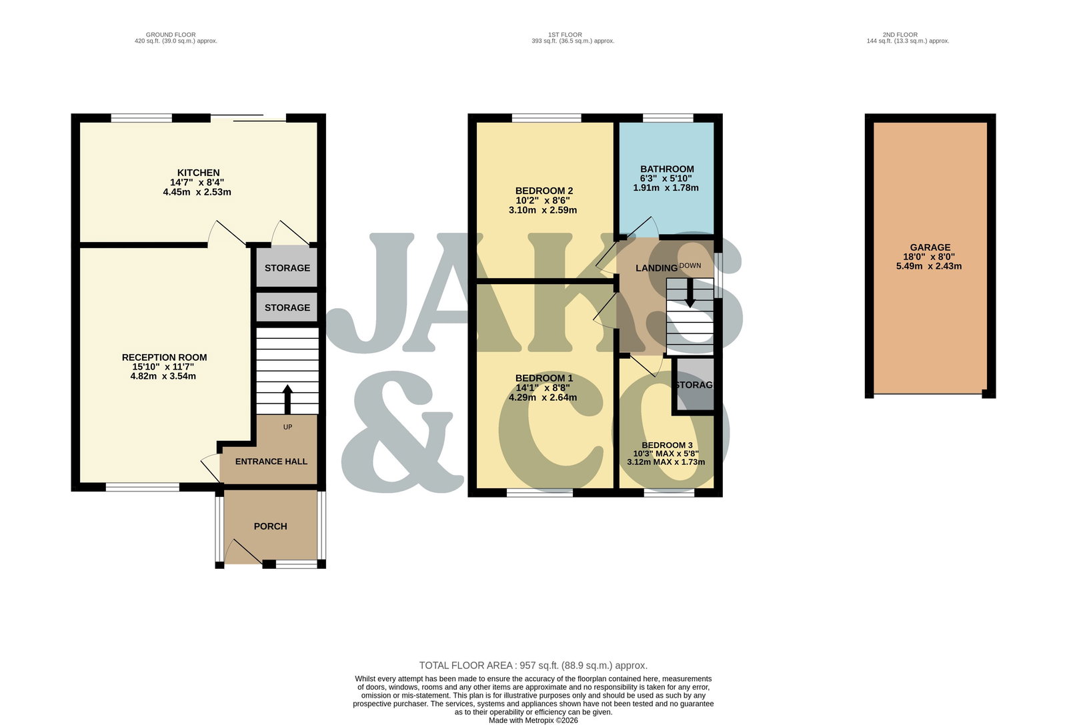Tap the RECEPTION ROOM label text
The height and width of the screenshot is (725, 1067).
tap(164, 357)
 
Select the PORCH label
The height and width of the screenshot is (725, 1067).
tap(270, 526)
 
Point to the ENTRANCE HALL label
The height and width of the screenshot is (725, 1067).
tap(271, 462)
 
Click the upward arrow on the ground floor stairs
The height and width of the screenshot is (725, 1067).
tap(287, 399)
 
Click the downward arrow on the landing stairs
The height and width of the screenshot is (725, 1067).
tap(690, 293)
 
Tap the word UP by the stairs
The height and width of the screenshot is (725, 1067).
tap(287, 427)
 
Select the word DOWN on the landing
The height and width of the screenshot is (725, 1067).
tap(690, 265)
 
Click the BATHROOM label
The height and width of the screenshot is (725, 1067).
tap(667, 169)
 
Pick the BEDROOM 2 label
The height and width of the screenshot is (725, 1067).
tap(544, 191)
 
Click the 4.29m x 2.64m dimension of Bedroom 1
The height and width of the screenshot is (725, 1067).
tap(543, 398)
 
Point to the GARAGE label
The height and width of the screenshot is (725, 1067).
tap(930, 247)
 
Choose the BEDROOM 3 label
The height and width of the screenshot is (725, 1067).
tap(667, 446)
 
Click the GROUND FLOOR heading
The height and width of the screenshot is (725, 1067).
tap(171, 35)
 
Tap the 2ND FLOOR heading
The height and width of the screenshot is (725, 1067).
tap(900, 35)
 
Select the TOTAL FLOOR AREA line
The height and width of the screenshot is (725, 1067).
tap(533, 666)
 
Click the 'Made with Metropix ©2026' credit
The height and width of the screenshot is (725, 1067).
tap(533, 720)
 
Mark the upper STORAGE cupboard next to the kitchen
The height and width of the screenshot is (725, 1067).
tap(287, 267)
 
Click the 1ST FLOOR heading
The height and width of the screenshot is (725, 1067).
tap(565, 35)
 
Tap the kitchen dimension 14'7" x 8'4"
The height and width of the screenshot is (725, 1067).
tap(197, 183)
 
